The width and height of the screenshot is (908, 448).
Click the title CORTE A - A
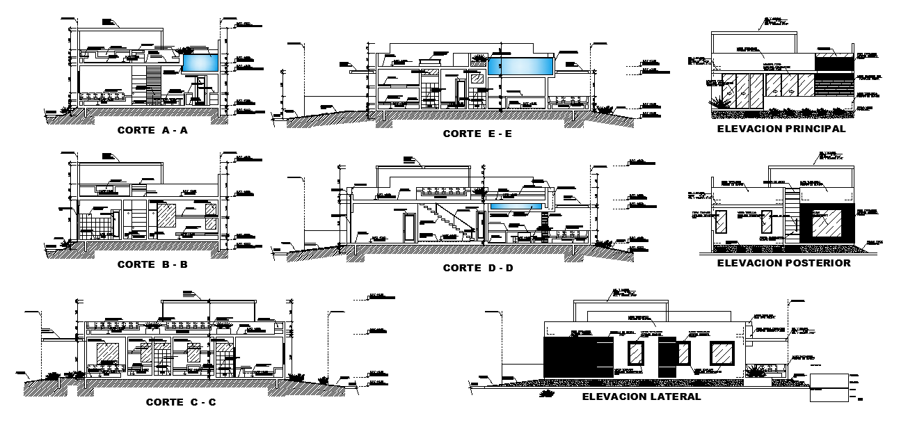(x=152, y=129)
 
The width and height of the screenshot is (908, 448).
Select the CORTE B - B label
(x=152, y=264)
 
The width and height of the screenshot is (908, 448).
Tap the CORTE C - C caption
(x=181, y=402)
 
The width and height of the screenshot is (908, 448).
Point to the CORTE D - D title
(x=478, y=268)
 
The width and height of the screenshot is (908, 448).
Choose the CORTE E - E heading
(x=477, y=134)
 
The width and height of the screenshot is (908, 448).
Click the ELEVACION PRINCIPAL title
(x=781, y=129)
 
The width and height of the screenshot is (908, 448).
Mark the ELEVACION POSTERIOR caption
(x=783, y=263)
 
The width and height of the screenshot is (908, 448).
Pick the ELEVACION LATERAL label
(x=641, y=397)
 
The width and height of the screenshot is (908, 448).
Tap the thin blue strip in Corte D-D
(x=516, y=207)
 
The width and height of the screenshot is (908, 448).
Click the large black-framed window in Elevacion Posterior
(x=825, y=224)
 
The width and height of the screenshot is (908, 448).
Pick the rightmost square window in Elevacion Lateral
(x=722, y=353)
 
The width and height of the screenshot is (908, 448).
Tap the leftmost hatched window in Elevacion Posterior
(x=722, y=223)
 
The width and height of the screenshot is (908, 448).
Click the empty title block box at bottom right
(x=829, y=387)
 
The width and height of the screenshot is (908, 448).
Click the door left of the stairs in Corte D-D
(x=409, y=227)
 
